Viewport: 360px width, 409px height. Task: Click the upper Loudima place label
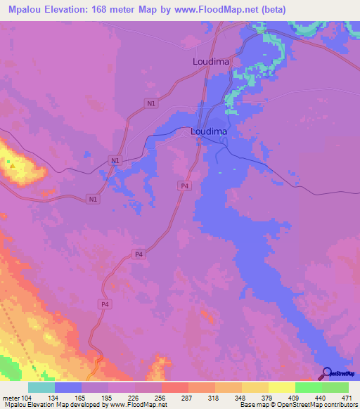[212, 62]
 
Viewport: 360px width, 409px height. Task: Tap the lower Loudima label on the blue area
[209, 131]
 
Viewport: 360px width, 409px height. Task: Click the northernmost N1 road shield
[152, 104]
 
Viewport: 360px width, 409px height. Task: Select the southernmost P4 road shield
[105, 304]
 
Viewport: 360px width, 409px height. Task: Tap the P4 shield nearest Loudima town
[184, 186]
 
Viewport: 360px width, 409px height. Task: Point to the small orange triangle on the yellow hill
[11, 164]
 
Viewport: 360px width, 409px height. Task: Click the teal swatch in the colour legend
[41, 388]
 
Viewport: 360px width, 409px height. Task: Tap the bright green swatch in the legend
[308, 388]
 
